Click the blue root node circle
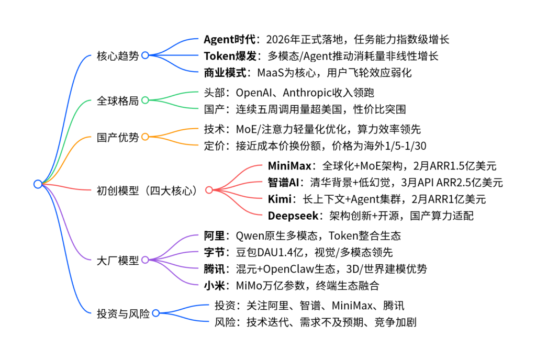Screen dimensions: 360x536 38,184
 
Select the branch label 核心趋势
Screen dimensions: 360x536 118,55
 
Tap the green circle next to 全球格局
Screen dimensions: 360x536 146,100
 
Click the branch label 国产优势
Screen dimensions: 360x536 118,137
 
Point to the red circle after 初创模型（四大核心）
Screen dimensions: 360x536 209,190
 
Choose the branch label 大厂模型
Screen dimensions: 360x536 118,260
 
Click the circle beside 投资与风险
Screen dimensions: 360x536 156,313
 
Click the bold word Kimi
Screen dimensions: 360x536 280,199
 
